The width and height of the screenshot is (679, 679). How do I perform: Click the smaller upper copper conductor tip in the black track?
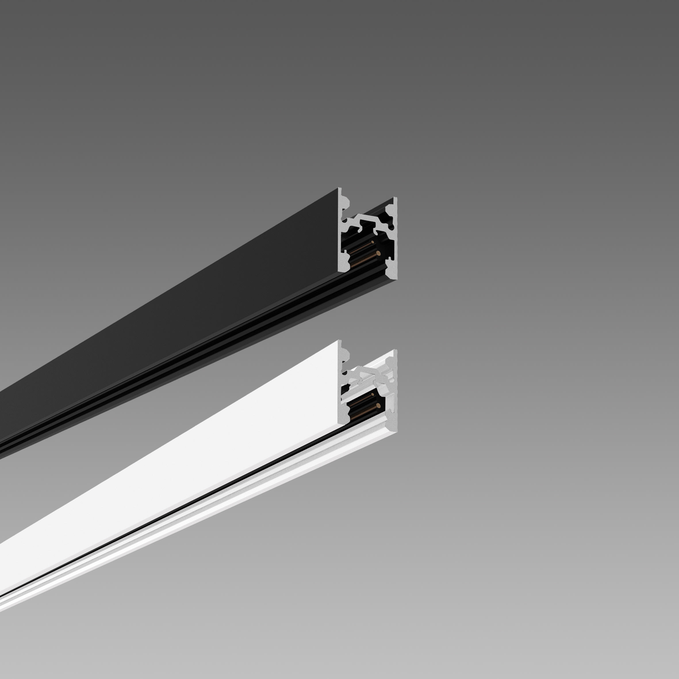click(x=373, y=243)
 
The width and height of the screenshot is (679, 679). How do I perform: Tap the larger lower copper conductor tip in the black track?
click(x=377, y=253)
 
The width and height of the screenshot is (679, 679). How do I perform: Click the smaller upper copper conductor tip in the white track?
click(x=373, y=395)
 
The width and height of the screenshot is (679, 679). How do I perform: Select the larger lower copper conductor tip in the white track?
click(x=377, y=406)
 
